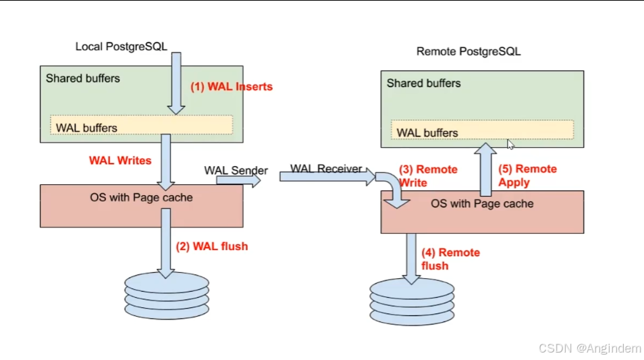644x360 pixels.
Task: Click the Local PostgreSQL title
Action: tap(121, 47)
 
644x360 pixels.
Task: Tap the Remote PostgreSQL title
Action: tap(468, 51)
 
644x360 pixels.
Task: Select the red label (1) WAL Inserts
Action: tap(232, 86)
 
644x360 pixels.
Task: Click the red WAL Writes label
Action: tap(120, 160)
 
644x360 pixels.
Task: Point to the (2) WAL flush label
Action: tap(212, 246)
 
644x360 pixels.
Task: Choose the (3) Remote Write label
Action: tap(428, 176)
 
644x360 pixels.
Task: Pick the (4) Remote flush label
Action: tap(450, 259)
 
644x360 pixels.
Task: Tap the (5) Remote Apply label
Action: tap(527, 176)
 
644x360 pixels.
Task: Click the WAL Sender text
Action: tap(236, 170)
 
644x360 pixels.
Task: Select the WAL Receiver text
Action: tap(326, 168)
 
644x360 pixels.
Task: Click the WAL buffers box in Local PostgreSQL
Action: tap(142, 125)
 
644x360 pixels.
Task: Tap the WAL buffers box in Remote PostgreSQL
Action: tap(482, 130)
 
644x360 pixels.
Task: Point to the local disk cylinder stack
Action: tap(167, 296)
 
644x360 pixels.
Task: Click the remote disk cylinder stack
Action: tap(412, 302)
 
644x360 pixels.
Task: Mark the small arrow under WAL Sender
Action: tap(238, 180)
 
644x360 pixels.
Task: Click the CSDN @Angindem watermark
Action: tap(590, 349)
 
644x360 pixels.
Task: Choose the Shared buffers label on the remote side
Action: tap(423, 84)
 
